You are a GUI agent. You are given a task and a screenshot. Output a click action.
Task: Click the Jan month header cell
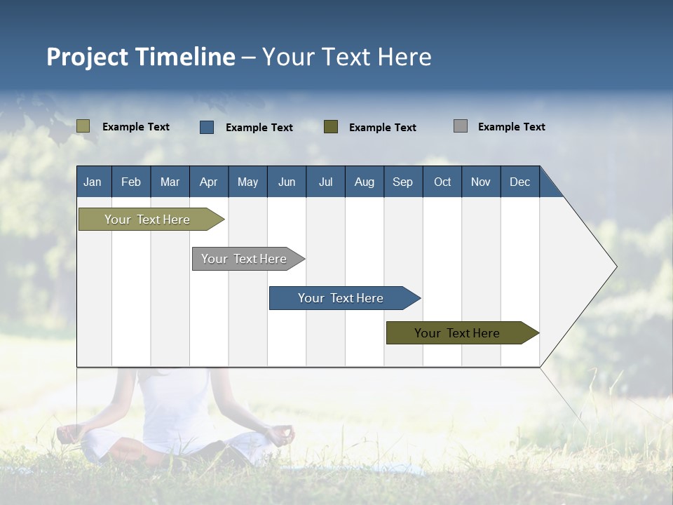click(93, 182)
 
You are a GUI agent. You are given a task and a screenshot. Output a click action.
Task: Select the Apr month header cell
click(209, 182)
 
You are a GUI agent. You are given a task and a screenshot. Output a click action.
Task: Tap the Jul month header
click(326, 182)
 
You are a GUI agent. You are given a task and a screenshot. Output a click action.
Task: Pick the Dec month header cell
click(520, 182)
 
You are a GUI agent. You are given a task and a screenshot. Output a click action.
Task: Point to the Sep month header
click(403, 182)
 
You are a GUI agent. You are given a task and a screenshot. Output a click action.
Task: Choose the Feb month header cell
click(131, 182)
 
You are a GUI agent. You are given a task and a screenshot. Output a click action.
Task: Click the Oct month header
click(442, 182)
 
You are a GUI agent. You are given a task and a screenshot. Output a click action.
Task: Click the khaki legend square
click(83, 126)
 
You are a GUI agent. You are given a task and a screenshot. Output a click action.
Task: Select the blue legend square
click(207, 127)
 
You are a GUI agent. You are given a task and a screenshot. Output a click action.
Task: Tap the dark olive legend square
click(331, 127)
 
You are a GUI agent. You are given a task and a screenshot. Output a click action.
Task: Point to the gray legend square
click(461, 126)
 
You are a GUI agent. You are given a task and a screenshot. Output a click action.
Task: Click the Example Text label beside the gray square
click(512, 127)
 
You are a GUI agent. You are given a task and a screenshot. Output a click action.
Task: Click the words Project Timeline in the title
click(141, 57)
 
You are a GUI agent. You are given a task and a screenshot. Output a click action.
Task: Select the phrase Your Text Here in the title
click(347, 57)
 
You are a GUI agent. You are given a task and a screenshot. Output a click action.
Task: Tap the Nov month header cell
click(481, 182)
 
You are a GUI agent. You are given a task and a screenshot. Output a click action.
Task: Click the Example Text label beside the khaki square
click(136, 127)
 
